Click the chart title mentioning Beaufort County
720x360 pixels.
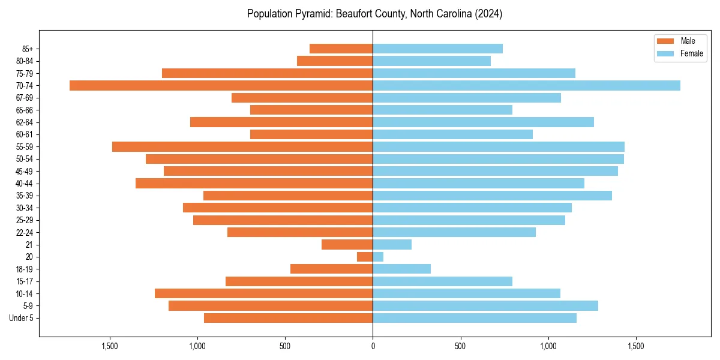coord(374,14)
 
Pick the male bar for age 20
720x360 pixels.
coord(365,257)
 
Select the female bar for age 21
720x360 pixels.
coord(392,244)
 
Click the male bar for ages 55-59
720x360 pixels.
coord(242,146)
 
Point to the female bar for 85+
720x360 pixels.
coord(437,49)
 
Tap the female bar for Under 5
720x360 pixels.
coord(475,318)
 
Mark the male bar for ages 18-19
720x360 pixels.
coord(331,269)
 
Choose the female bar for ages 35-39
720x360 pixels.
coord(492,196)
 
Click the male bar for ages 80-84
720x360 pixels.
coord(335,61)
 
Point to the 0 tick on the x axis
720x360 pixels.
coord(373,346)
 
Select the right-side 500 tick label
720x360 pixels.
coord(460,346)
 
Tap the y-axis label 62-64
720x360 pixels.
coord(24,122)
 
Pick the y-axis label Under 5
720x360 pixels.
coord(22,318)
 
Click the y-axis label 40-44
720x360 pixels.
coord(24,184)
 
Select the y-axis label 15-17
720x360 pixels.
coord(24,281)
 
